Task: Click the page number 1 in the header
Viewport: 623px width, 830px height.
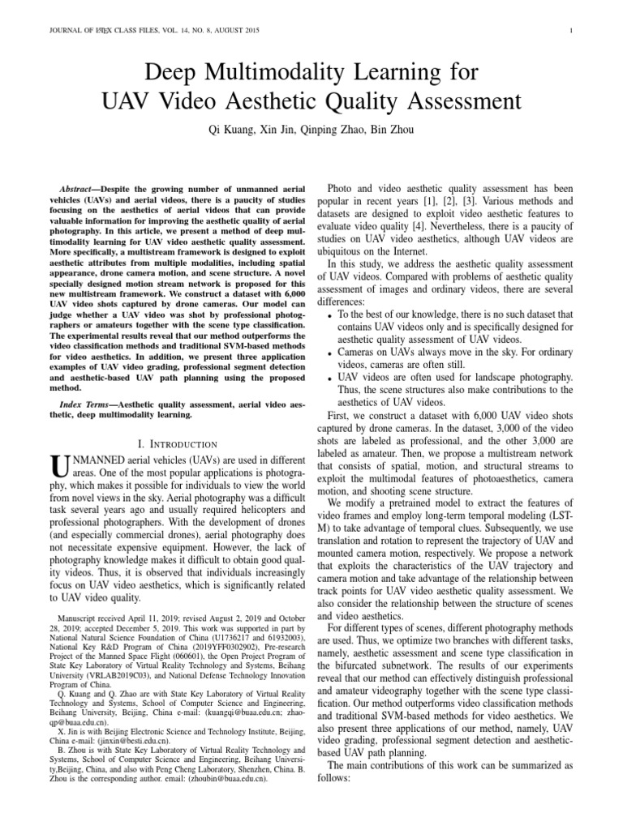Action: [573, 32]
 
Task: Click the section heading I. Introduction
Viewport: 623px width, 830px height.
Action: [178, 443]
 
